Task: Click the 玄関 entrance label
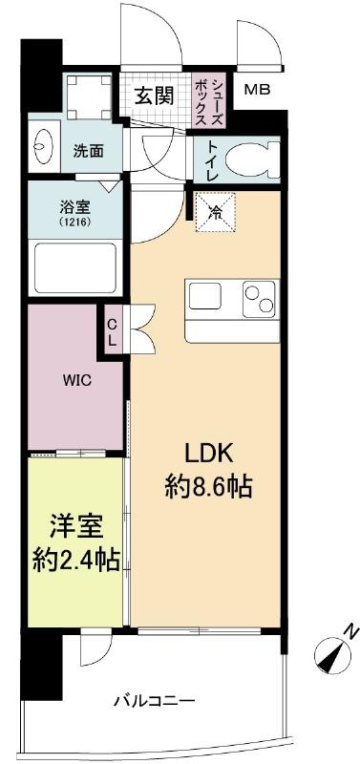pos(154,96)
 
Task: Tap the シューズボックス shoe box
pos(208,100)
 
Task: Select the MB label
pos(257,90)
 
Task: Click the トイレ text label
pos(212,160)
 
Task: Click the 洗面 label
pos(88,152)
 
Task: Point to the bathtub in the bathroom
pos(75,268)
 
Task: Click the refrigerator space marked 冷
pos(215,212)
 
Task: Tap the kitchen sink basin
pos(205,296)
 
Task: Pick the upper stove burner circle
pos(252,292)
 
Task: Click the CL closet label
pos(112,332)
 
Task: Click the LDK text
pos(209,456)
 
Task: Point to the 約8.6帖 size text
pos(208,486)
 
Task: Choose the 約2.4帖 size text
pos(76,562)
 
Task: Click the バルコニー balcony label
pos(155,702)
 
